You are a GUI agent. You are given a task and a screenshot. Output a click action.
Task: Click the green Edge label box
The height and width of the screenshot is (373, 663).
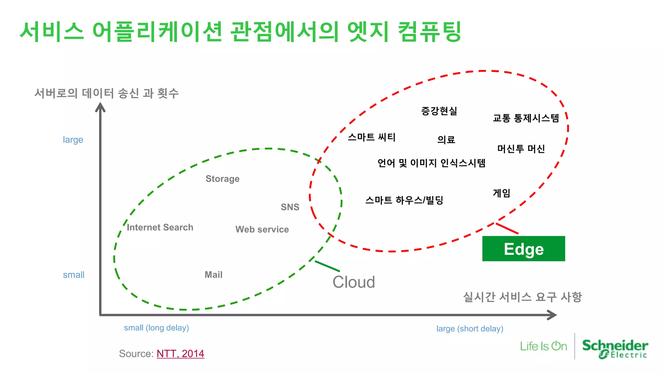(x=523, y=249)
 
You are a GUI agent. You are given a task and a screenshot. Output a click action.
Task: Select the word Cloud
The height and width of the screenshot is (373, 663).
(x=354, y=282)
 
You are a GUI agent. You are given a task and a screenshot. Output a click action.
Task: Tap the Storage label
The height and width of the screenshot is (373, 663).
(x=222, y=179)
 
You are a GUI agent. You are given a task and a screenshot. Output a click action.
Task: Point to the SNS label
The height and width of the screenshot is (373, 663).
(x=290, y=207)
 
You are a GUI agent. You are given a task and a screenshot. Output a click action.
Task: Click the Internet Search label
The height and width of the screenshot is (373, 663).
(x=160, y=227)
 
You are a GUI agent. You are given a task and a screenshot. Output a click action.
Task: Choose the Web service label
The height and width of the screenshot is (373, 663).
(x=262, y=229)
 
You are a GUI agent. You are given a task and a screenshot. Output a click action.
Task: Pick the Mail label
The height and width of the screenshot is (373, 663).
(x=213, y=275)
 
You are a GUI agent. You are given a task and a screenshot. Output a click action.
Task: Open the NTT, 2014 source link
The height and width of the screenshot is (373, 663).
(x=180, y=354)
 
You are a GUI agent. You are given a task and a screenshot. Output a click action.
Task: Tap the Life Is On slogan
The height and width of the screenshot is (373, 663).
(x=543, y=346)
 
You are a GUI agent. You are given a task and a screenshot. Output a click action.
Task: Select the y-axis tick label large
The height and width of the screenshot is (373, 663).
(x=73, y=140)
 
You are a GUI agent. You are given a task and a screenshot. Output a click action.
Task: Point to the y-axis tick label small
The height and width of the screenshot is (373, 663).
(x=73, y=275)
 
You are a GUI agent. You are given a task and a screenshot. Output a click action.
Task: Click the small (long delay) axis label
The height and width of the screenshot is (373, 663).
(x=156, y=328)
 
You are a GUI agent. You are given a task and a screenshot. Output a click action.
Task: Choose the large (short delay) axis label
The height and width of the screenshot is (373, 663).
(x=470, y=329)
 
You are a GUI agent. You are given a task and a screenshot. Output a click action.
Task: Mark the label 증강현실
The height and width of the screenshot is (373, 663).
(x=439, y=111)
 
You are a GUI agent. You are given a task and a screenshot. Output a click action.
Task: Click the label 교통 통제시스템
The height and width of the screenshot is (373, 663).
(x=526, y=118)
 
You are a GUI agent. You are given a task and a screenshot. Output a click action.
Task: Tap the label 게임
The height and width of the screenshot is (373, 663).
(x=501, y=193)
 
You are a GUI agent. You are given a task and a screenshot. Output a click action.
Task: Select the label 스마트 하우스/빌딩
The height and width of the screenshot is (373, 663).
(x=404, y=200)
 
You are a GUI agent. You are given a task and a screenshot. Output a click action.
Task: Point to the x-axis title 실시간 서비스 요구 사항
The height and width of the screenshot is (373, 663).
(x=522, y=297)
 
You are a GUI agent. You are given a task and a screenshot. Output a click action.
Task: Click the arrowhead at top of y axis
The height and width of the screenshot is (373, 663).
(x=100, y=107)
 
